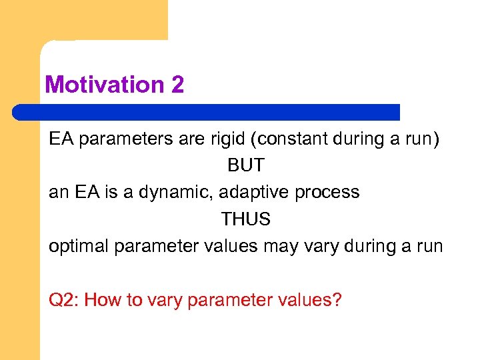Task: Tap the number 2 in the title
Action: click(177, 85)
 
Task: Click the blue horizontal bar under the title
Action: click(207, 112)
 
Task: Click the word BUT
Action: click(246, 165)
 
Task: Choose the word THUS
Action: click(246, 219)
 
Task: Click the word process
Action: click(327, 193)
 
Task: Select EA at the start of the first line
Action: click(60, 140)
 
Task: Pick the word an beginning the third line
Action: click(57, 193)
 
